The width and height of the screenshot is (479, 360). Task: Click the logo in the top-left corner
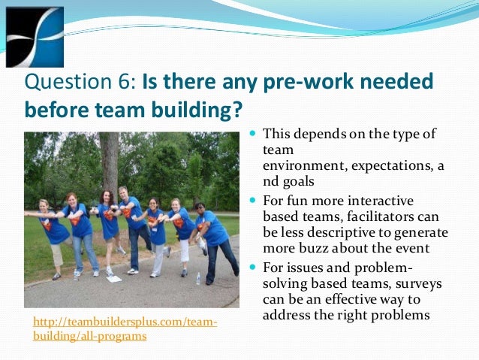coord(34,37)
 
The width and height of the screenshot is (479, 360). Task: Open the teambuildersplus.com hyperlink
coord(125,329)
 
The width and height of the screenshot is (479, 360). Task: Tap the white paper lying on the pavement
coord(114,279)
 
